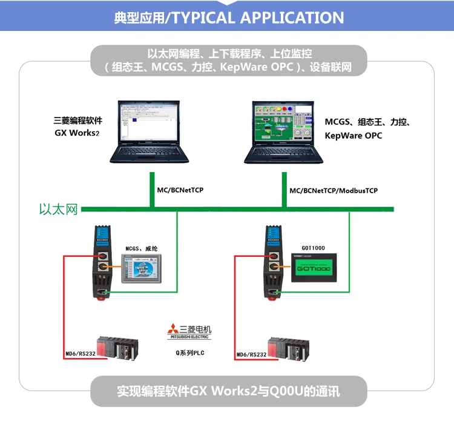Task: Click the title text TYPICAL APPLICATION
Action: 258,17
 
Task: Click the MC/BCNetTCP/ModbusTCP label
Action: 334,191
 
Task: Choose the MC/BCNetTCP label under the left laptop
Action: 180,191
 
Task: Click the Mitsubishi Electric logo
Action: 190,331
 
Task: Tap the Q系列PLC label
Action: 190,351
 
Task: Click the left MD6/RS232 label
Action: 81,354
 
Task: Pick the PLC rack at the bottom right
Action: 288,348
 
